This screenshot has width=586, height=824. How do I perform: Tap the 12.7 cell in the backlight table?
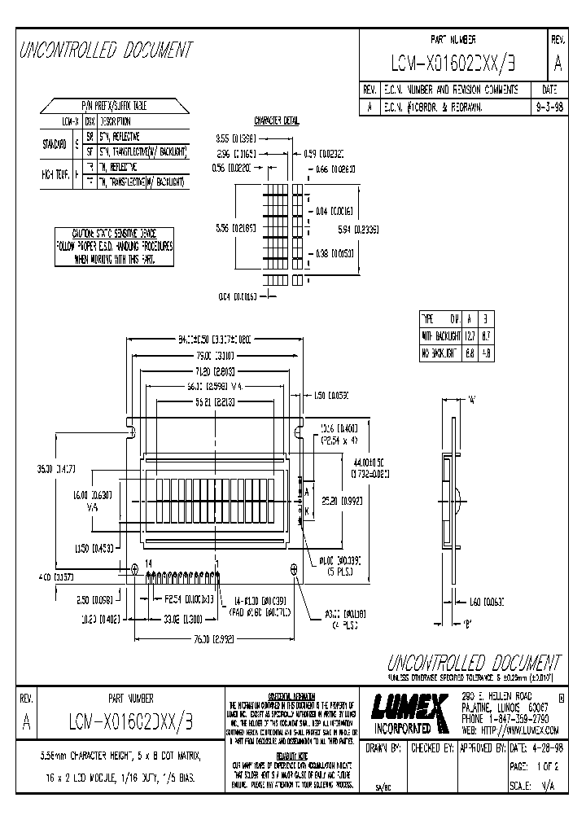coord(470,335)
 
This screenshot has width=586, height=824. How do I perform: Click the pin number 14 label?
coord(149,563)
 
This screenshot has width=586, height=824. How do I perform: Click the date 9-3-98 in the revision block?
coord(549,106)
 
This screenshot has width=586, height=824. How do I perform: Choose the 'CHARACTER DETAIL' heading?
coord(277,120)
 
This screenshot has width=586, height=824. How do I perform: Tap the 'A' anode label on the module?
coord(307,492)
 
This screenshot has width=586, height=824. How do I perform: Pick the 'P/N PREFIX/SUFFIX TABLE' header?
coord(113,107)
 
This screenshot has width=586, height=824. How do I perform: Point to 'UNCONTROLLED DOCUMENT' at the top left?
coord(107,50)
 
